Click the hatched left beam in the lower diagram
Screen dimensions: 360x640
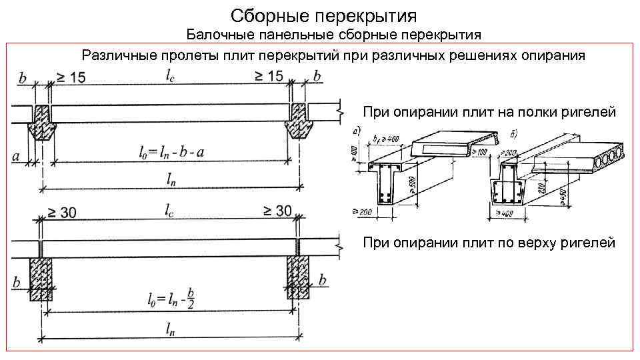point(41,279)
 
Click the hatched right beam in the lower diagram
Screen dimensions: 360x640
point(297,279)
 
